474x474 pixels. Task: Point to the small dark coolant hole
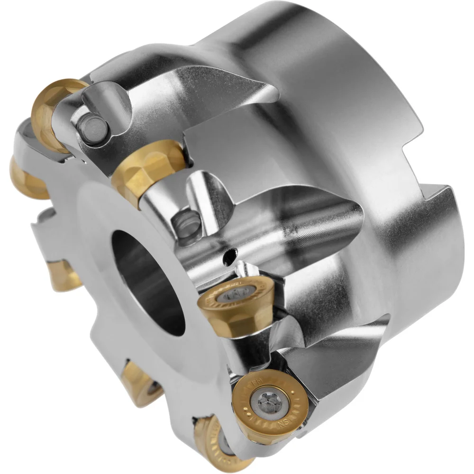tap(230, 256)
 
